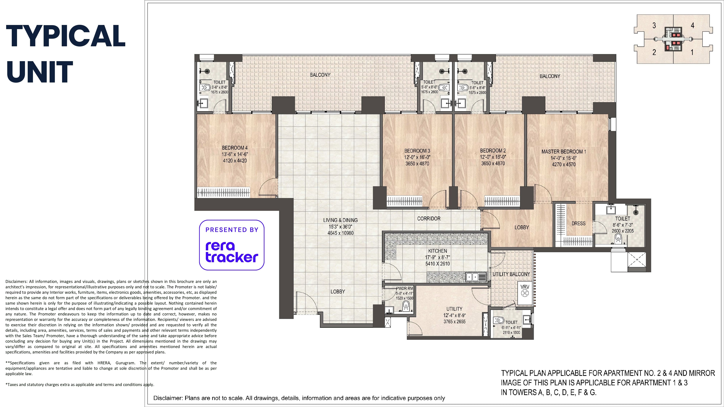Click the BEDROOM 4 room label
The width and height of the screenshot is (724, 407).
point(235,148)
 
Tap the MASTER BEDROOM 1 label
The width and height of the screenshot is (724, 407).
point(564,152)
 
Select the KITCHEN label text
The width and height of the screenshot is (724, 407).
point(438,251)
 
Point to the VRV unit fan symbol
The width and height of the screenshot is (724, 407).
point(525,293)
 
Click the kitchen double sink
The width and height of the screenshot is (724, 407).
point(476,277)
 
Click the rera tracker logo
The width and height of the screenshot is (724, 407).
point(232,245)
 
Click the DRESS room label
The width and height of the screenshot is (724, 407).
point(578,224)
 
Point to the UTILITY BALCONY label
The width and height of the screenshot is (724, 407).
point(511,274)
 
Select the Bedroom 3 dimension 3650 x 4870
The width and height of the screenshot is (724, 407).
point(417,164)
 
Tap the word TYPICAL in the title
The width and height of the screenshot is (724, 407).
point(66,36)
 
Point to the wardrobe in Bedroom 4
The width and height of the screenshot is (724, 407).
point(223,192)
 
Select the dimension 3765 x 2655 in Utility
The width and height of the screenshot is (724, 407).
point(454,322)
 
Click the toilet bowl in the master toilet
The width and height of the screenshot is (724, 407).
point(618,239)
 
